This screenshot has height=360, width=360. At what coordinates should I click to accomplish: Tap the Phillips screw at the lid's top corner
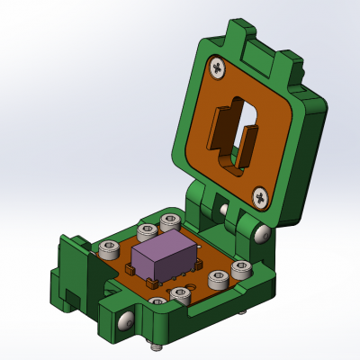click(218, 66)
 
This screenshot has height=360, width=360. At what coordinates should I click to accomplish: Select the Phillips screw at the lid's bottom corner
click(259, 195)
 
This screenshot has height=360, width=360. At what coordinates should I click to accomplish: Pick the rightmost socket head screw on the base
click(241, 269)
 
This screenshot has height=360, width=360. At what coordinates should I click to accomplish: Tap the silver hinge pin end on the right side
click(262, 233)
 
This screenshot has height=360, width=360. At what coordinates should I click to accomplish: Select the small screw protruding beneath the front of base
click(157, 344)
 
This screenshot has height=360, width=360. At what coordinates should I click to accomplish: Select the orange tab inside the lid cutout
click(220, 126)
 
